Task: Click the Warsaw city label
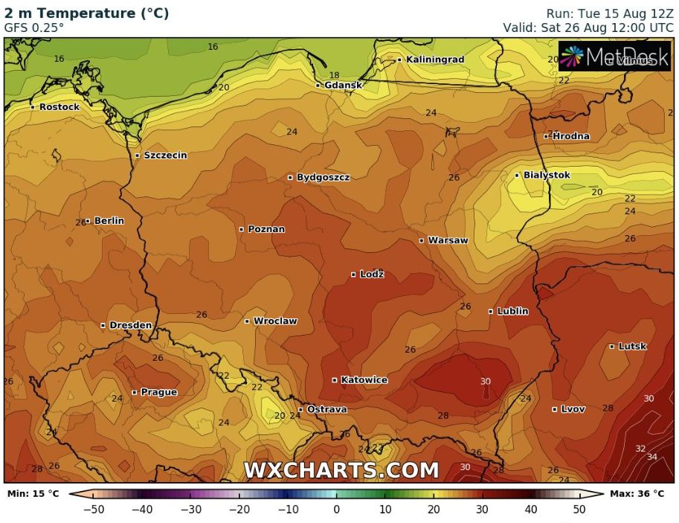(448, 240)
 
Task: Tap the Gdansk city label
(343, 85)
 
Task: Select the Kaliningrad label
(435, 60)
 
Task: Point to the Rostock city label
(59, 107)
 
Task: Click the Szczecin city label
(165, 155)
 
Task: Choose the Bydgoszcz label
(323, 178)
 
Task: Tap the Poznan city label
(266, 229)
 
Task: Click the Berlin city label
(109, 221)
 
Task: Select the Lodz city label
(371, 275)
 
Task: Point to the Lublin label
(512, 311)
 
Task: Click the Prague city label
(158, 392)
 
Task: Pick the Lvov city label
(573, 409)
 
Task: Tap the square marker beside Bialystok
(518, 176)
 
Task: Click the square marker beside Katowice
(335, 380)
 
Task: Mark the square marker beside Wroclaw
(248, 321)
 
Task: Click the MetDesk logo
(614, 57)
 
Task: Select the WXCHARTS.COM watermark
(341, 470)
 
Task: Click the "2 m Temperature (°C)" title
(87, 13)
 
